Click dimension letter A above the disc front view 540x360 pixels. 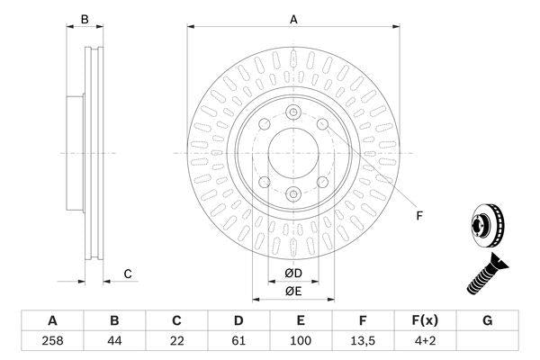(x=293, y=18)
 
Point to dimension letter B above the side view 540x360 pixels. (x=85, y=18)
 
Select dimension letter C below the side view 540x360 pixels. (x=128, y=274)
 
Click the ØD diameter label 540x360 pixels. (x=293, y=273)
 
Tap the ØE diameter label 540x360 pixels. (x=293, y=290)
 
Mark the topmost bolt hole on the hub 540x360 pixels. (x=293, y=112)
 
